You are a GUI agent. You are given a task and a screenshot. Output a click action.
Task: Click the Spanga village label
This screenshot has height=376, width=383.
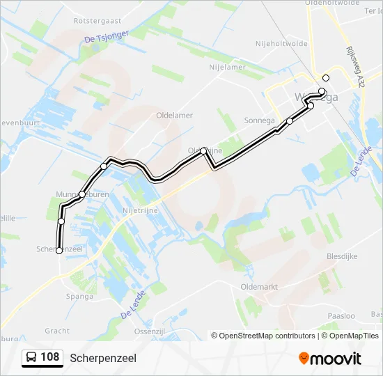(x=80, y=296)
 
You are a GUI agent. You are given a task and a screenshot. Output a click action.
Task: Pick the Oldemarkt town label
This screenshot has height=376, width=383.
(x=258, y=286)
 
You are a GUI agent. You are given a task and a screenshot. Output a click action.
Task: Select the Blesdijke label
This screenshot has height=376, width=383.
(x=342, y=256)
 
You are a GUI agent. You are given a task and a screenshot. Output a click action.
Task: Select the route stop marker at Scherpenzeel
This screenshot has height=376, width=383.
(x=58, y=251)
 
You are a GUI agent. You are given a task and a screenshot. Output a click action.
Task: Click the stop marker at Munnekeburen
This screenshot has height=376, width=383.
(x=82, y=194)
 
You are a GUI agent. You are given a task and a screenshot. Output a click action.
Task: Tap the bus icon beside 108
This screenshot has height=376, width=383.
(x=31, y=358)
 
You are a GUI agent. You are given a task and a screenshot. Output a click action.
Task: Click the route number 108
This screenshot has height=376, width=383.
(x=49, y=358)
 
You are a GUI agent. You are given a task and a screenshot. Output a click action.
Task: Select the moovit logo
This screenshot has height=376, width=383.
(x=330, y=359)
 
